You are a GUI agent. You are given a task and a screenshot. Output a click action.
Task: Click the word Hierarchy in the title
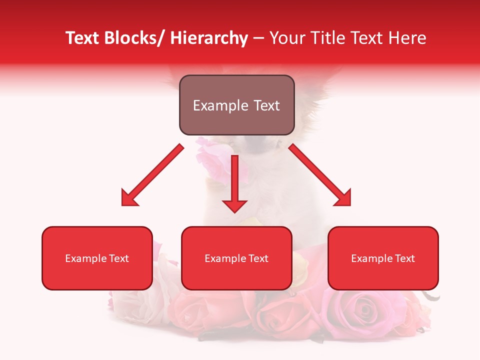click(209, 38)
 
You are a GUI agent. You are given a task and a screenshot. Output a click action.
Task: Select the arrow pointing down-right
click(318, 173)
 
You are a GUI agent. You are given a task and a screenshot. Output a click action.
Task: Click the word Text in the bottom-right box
click(405, 258)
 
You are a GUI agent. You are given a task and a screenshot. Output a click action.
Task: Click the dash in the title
click(258, 38)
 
